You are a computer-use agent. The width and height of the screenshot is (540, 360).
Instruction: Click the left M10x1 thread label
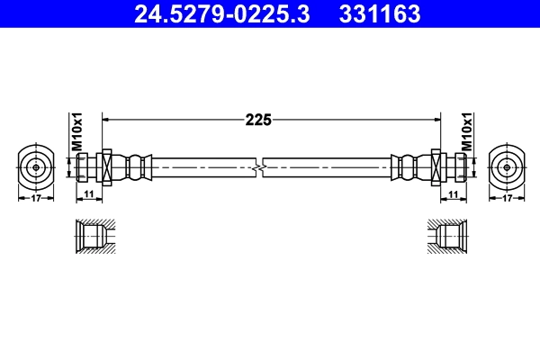point(77,131)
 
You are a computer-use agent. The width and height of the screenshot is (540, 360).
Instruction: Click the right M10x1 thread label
point(466,131)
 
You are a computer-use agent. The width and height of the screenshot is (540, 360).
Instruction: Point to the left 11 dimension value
point(89,194)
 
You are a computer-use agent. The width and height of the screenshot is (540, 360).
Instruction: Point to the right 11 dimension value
point(452,194)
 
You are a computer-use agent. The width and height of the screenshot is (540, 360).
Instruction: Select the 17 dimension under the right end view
point(507,198)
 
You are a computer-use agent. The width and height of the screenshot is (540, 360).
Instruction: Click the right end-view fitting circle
point(507,166)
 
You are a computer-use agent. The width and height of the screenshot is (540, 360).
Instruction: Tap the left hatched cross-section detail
point(93,238)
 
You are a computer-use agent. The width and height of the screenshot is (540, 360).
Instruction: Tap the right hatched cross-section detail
point(447,238)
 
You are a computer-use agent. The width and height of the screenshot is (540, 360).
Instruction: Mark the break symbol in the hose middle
point(260,166)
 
